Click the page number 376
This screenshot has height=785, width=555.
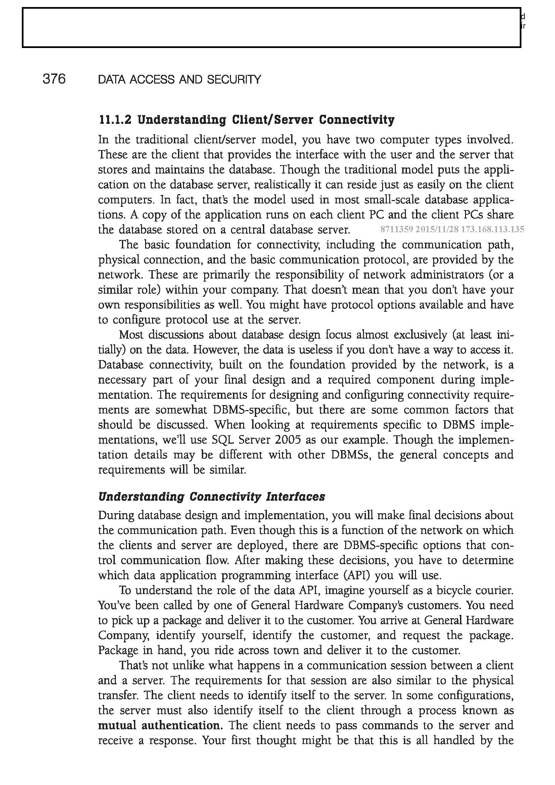pyautogui.click(x=54, y=79)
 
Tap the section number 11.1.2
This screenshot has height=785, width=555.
pyautogui.click(x=115, y=120)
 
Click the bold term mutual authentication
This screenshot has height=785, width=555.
pyautogui.click(x=159, y=725)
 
